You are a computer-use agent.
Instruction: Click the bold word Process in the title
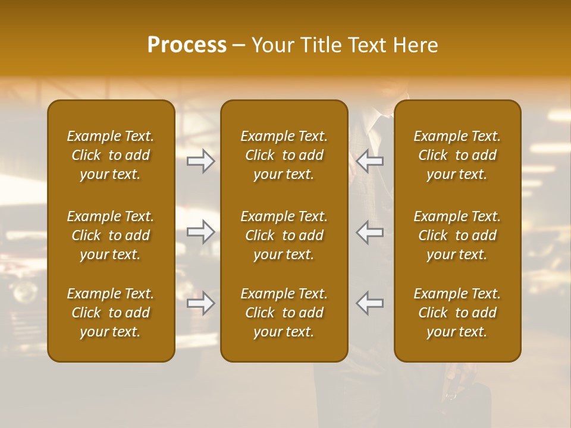click(187, 45)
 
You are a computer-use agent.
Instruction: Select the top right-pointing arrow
click(200, 160)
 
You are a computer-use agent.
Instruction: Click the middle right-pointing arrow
click(200, 232)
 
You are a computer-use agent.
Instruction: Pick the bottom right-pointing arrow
click(200, 303)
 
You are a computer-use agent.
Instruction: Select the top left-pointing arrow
click(370, 160)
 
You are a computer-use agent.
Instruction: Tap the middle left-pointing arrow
click(370, 232)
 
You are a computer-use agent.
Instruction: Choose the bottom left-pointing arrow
click(370, 303)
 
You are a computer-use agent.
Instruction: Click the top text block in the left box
click(111, 155)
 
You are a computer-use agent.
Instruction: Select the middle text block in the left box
click(111, 235)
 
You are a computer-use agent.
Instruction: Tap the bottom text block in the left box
click(111, 313)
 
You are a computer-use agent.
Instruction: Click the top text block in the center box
click(284, 155)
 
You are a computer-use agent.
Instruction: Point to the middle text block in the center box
click(284, 235)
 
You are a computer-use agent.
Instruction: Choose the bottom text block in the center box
click(284, 313)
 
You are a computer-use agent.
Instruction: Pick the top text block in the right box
click(457, 155)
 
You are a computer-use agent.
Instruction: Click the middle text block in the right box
click(457, 235)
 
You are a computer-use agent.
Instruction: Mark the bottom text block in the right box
click(457, 313)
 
